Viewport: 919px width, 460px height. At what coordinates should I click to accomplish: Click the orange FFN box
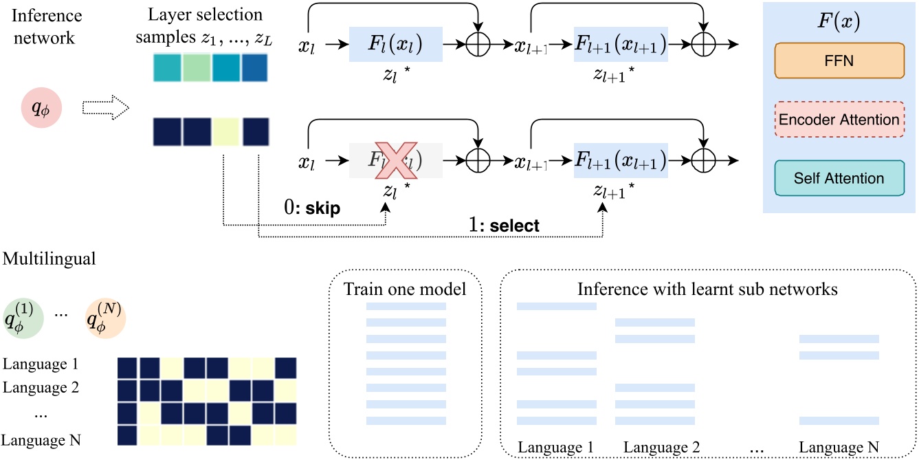point(839,60)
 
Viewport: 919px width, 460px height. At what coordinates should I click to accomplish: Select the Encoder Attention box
point(839,119)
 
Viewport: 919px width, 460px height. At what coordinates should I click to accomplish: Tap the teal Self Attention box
point(839,179)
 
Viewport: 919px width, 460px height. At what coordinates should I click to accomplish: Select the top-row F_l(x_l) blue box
point(395,45)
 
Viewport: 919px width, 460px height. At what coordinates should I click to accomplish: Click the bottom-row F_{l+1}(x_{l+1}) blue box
point(621,162)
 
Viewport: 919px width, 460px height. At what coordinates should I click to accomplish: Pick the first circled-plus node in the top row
point(478,45)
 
